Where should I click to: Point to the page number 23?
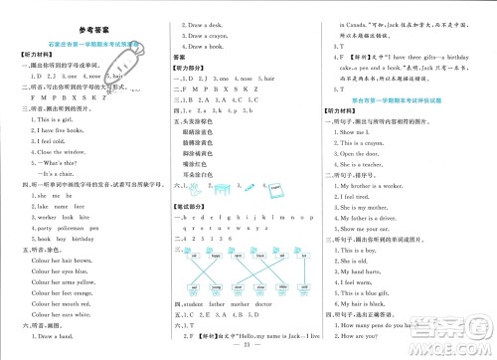point(248,349)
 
